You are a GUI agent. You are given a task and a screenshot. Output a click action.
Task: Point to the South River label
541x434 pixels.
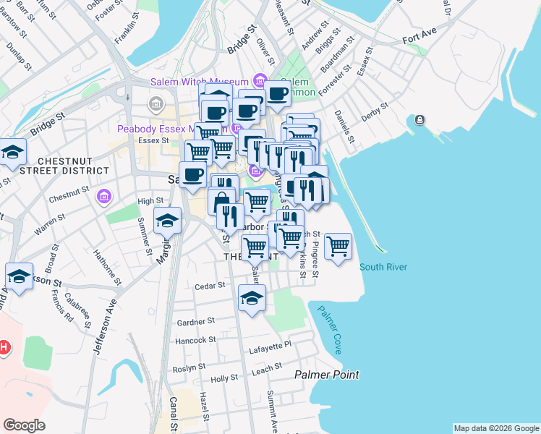pos(383,267)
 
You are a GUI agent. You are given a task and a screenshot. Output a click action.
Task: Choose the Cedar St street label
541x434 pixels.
pos(210,286)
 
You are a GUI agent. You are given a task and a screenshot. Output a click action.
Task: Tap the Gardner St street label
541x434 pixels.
pos(196,321)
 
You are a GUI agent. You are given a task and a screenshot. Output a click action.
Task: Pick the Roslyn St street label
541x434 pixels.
pos(187,367)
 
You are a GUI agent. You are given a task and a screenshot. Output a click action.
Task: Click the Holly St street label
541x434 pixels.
pos(223,379)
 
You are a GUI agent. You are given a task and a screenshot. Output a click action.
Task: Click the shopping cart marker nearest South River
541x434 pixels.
pos(338,247)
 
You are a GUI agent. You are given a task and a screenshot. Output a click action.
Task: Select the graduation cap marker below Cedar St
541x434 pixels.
pos(252,298)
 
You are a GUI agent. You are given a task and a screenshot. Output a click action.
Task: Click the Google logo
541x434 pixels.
pos(24,425)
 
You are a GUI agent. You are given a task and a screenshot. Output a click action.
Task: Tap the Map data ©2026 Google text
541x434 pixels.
pos(495,428)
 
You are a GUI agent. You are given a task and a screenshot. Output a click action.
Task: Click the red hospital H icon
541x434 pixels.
pos(4,348)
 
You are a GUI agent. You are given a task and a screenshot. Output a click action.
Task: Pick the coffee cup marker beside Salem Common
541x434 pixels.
pos(277,93)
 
